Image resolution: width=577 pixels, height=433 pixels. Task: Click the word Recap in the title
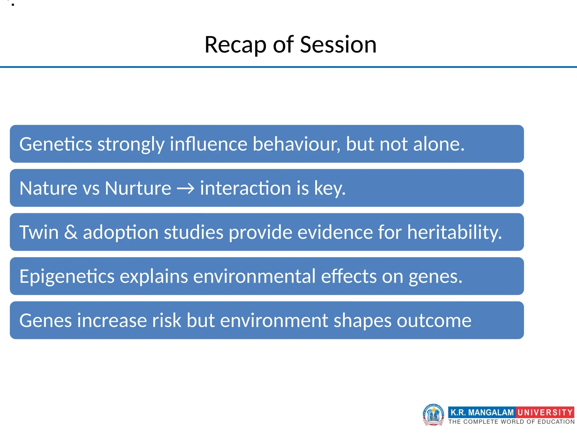click(x=235, y=45)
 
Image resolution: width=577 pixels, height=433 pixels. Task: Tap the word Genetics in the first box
click(x=56, y=144)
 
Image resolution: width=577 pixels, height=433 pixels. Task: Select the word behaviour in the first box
click(x=296, y=144)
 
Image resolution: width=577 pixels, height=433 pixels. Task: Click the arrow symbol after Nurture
click(x=186, y=188)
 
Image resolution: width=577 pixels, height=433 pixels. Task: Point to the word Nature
click(x=48, y=188)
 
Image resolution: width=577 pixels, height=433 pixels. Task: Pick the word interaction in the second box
click(x=245, y=188)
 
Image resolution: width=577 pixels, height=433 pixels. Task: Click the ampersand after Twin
click(x=71, y=232)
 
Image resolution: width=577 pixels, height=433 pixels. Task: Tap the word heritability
click(x=454, y=232)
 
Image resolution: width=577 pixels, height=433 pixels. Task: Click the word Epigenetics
click(x=67, y=277)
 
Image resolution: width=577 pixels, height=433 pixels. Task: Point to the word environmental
click(x=254, y=277)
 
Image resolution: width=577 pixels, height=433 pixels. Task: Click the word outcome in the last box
click(x=434, y=321)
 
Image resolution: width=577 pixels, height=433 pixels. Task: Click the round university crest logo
click(x=433, y=414)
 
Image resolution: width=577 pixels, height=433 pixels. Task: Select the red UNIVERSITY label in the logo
click(x=545, y=412)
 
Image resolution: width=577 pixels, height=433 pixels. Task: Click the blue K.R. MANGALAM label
click(x=482, y=412)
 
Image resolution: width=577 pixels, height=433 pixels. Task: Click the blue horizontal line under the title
click(x=288, y=67)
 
